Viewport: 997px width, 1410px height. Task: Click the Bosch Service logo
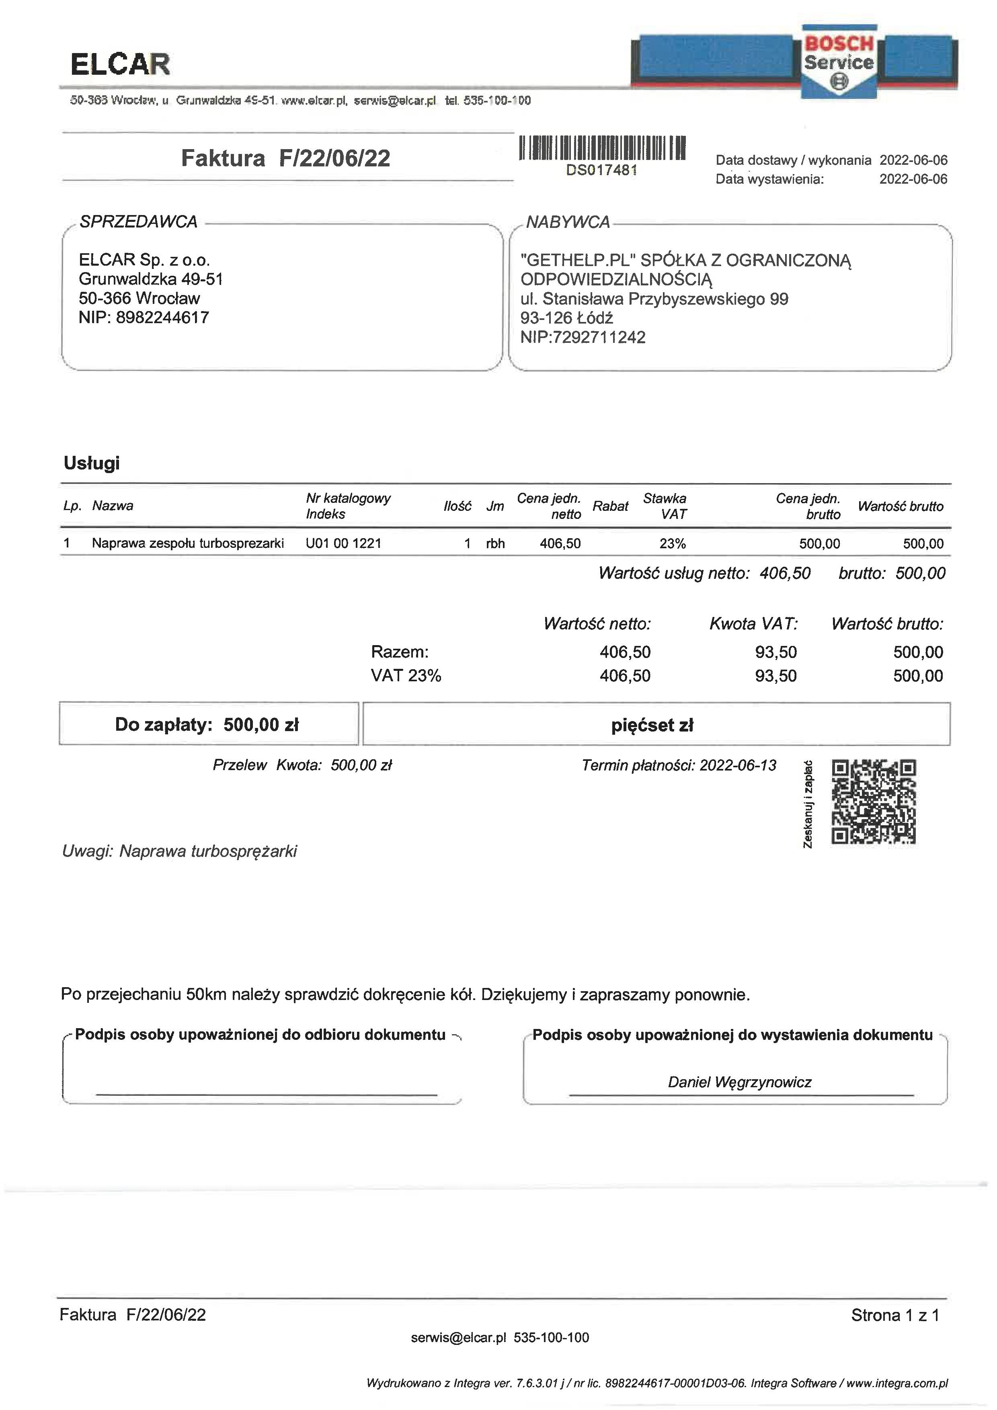(x=839, y=61)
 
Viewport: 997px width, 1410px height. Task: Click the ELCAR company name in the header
(x=120, y=64)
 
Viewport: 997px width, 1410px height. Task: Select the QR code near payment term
(x=873, y=801)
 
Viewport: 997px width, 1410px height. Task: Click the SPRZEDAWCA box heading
(x=139, y=222)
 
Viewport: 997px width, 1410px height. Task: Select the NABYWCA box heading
(x=568, y=222)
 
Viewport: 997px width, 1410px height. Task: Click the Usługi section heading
(x=92, y=463)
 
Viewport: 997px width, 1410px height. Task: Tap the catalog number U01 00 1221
(x=343, y=543)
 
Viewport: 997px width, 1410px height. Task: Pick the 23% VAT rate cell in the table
(x=673, y=543)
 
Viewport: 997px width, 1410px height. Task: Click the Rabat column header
(x=610, y=506)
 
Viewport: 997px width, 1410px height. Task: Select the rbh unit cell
(x=495, y=543)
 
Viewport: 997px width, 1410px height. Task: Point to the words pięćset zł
(x=652, y=725)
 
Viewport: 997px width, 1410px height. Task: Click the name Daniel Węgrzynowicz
(x=740, y=1082)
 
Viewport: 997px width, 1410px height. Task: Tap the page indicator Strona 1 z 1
(x=895, y=1315)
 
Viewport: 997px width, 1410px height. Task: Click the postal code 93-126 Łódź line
(x=566, y=318)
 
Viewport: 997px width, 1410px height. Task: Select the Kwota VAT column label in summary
(x=754, y=624)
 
